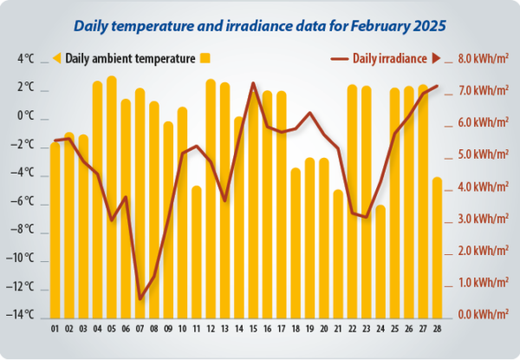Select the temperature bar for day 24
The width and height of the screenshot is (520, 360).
[x=380, y=260]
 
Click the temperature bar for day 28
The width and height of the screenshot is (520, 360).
[x=437, y=246]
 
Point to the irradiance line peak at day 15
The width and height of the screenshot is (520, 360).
[x=253, y=83]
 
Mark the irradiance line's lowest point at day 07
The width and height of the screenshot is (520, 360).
[x=140, y=299]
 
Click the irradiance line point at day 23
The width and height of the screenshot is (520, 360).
[x=366, y=217]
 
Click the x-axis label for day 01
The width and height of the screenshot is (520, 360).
[x=55, y=329]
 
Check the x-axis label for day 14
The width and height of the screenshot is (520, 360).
[x=238, y=329]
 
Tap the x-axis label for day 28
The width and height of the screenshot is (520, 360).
[x=437, y=329]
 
